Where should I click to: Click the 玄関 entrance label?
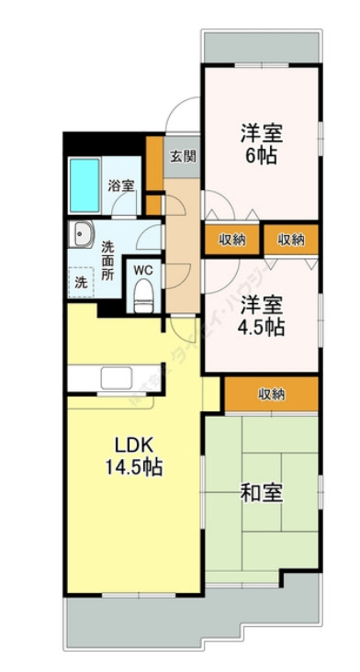click(x=182, y=155)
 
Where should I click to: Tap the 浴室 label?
click(x=120, y=185)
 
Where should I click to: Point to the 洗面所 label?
click(x=107, y=259)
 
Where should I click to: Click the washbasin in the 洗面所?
click(x=81, y=234)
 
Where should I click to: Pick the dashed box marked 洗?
click(x=80, y=282)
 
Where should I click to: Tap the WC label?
click(x=142, y=270)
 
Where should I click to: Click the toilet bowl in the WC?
click(x=142, y=296)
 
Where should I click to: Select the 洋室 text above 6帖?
click(x=262, y=132)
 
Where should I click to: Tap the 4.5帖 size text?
click(x=262, y=326)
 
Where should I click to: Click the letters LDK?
click(x=131, y=445)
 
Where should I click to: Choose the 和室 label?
click(x=261, y=493)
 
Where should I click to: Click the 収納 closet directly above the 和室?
click(x=271, y=394)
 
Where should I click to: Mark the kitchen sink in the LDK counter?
click(x=117, y=377)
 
